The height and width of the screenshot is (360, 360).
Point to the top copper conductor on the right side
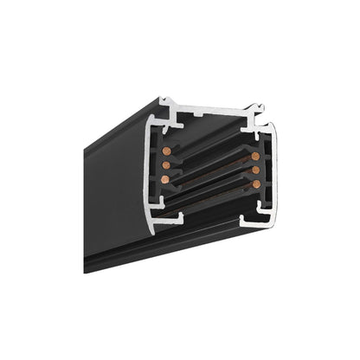pyautogui.click(x=257, y=157)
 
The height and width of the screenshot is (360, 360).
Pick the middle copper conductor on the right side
pyautogui.click(x=257, y=169)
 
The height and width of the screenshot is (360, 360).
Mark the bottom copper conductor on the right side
pyautogui.click(x=257, y=183)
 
